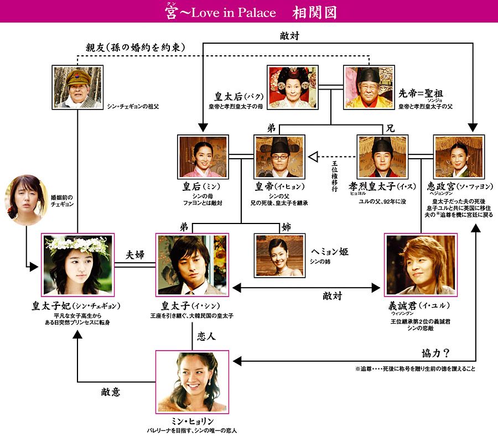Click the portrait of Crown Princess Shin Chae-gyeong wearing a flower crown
click(x=77, y=265)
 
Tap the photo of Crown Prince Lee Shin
click(x=192, y=265)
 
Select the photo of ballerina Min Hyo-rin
click(x=192, y=380)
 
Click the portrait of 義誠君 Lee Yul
click(x=421, y=265)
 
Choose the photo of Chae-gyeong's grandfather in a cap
click(x=77, y=87)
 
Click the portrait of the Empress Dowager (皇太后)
click(x=293, y=87)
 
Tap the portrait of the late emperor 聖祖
click(x=369, y=87)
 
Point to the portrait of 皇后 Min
click(x=203, y=156)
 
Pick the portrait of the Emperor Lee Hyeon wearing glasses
click(x=279, y=156)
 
